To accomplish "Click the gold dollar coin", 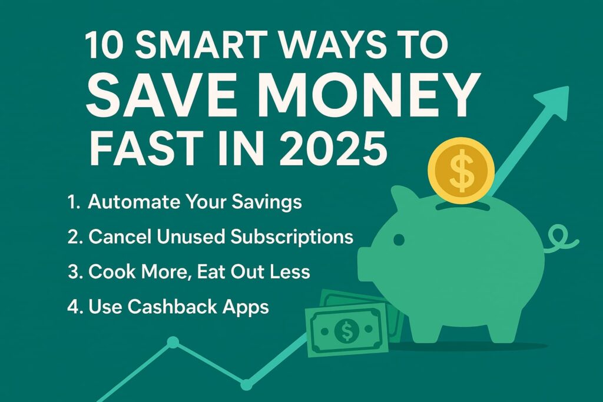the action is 461,170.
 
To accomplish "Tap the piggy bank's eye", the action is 399,240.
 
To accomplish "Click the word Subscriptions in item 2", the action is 292,237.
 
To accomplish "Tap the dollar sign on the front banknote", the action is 346,330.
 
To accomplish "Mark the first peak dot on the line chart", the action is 173,342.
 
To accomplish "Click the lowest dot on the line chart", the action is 246,384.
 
